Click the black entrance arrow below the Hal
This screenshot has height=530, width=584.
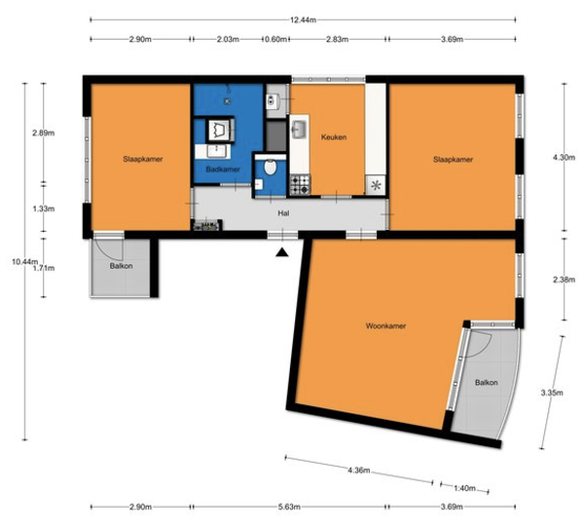282,252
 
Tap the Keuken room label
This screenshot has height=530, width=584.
334,137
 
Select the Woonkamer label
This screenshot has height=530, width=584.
385,326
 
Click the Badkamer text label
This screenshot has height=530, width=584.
223,170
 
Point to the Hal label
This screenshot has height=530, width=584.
283,213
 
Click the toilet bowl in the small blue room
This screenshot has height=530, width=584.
270,167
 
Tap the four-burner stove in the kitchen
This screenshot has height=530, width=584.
300,184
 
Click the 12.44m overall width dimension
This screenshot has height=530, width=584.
303,20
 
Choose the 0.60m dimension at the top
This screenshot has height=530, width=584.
275,39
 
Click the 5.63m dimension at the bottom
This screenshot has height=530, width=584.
289,507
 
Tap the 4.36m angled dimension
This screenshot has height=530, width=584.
359,471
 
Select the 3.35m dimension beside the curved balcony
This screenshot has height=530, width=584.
552,393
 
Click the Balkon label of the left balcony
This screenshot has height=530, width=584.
121,266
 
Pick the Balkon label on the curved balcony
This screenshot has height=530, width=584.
487,383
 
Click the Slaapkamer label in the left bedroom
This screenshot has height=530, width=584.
143,159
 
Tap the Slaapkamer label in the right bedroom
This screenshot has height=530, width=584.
453,160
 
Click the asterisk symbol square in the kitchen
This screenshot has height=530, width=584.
376,185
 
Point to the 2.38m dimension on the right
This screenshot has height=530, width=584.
564,280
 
